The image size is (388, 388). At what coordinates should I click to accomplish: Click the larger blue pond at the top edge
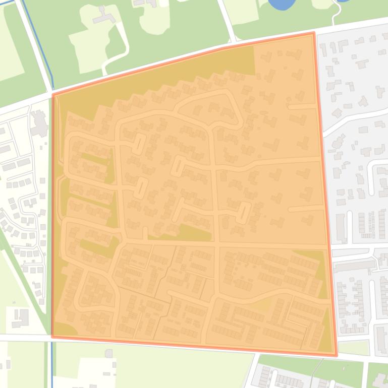pyautogui.click(x=282, y=4)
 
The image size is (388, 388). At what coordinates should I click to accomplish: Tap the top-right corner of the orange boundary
pyautogui.click(x=314, y=33)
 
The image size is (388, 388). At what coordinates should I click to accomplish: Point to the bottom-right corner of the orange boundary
pyautogui.click(x=336, y=356)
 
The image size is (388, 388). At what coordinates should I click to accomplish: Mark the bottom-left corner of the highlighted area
pyautogui.click(x=52, y=336)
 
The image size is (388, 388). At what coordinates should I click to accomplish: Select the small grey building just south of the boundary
pyautogui.click(x=108, y=354)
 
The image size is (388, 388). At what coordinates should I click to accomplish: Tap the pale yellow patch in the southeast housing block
pyautogui.click(x=260, y=304)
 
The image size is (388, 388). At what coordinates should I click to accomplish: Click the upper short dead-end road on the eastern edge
pyautogui.click(x=301, y=106)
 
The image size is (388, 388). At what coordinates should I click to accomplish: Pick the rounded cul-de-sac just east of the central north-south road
pyautogui.click(x=244, y=212)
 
